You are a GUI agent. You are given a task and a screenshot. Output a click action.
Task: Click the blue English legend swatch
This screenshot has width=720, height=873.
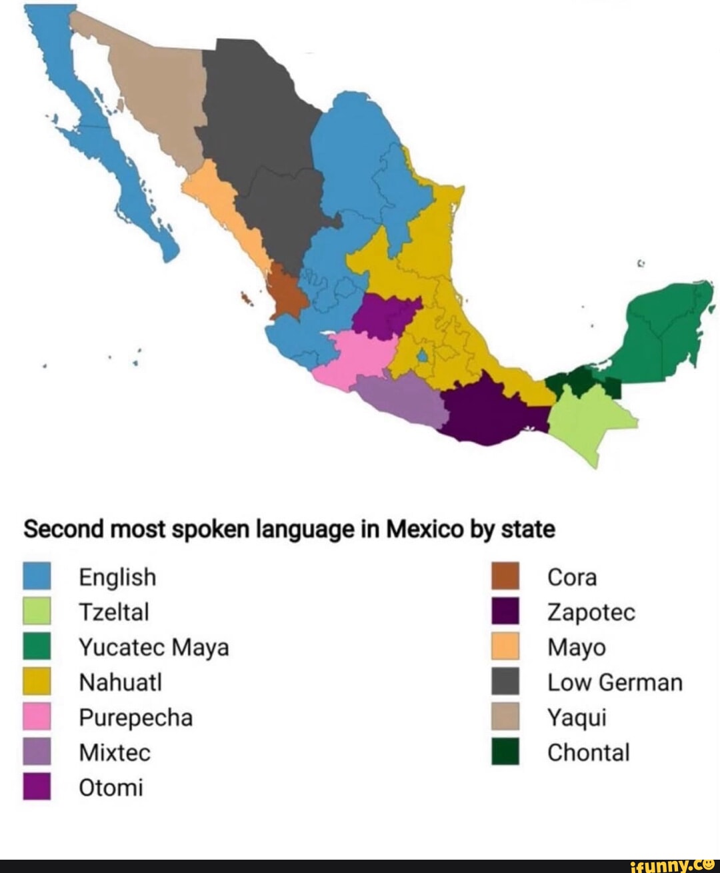pos(37,576)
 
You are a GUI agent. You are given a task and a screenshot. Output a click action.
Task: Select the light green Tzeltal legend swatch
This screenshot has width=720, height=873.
pos(37,612)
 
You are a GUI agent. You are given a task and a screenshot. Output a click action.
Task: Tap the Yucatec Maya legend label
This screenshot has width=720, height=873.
pos(153,647)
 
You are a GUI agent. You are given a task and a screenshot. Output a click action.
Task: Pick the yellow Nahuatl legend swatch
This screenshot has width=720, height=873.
pos(37,682)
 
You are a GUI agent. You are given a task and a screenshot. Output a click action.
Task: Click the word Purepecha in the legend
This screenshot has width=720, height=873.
pos(135,718)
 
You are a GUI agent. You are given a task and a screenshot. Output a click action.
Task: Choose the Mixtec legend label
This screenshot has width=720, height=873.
pos(115,752)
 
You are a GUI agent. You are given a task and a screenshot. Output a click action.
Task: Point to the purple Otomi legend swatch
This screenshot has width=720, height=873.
pos(37,787)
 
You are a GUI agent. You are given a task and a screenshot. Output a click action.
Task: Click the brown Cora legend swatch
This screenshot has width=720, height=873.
pos(505,576)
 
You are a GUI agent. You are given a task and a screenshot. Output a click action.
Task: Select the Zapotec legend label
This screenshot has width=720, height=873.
pos(591,612)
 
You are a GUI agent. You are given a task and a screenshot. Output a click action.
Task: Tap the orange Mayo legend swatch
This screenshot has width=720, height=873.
pos(505,647)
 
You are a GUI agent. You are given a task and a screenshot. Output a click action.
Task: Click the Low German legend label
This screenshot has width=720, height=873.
pos(615,682)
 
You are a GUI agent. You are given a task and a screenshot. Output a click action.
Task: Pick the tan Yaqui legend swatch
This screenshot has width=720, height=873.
pos(505,718)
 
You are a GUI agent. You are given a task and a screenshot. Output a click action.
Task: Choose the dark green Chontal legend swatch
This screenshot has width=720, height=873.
pos(505,752)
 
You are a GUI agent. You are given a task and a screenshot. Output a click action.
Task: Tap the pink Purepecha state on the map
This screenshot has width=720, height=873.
pos(353,357)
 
